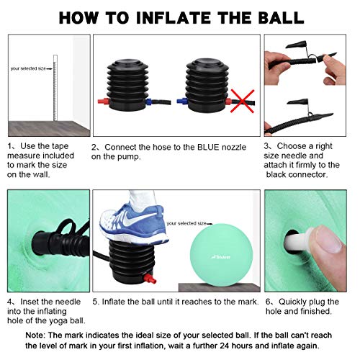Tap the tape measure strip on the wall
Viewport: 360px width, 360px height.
[55, 86]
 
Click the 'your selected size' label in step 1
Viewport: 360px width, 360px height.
[30, 68]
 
